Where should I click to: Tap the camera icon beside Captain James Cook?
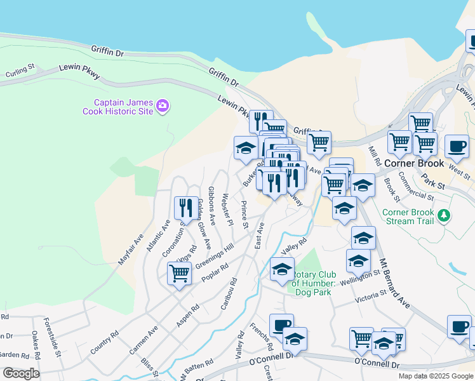pos(163,105)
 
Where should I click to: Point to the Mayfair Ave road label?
pos(131,250)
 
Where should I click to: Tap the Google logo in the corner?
pos(20,373)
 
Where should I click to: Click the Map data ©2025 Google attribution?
pos(436,376)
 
